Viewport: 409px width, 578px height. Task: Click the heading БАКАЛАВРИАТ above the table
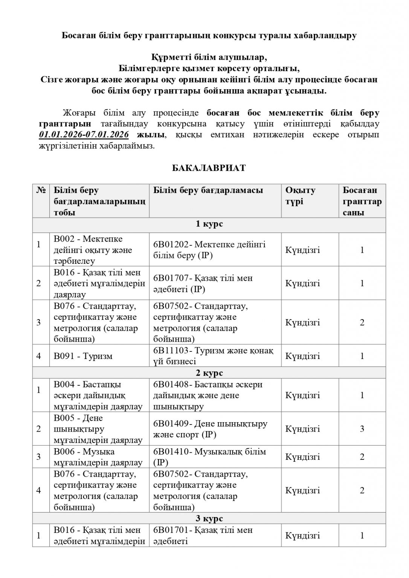tap(209, 168)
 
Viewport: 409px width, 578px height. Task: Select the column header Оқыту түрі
tap(300, 196)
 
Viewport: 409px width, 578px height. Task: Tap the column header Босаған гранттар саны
tap(362, 201)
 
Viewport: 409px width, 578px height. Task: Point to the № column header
tap(41, 190)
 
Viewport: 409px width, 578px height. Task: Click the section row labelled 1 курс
tap(209, 224)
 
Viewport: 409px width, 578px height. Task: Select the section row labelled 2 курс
tap(209, 373)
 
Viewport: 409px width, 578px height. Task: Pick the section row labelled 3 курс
tap(209, 519)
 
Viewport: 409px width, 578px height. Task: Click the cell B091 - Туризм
tap(83, 356)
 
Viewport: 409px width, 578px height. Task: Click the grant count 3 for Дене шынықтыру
tap(362, 429)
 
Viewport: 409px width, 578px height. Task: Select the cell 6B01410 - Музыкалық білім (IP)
tap(210, 457)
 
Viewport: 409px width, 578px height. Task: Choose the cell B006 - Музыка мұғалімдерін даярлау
tap(98, 457)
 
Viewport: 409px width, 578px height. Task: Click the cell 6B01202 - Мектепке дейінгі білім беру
tap(209, 250)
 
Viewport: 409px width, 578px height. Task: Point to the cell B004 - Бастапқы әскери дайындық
tap(98, 395)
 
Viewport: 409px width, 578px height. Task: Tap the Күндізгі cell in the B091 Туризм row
tap(303, 356)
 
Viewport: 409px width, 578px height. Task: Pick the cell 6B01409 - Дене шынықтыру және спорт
tap(210, 429)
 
